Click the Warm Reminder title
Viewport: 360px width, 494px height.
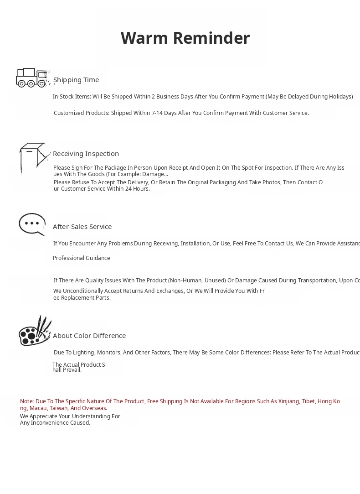pos(185,38)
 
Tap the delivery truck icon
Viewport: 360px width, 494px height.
pos(32,78)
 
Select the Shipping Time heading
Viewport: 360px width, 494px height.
pos(76,80)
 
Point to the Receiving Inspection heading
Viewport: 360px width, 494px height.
pos(86,154)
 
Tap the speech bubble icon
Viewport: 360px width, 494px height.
pos(32,224)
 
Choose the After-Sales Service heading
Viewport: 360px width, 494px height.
pos(82,227)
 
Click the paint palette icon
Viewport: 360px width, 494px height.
pos(35,331)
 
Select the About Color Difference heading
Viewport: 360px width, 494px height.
pos(89,336)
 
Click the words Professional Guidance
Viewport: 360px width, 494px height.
pos(82,258)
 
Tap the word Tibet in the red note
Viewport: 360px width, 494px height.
pos(309,401)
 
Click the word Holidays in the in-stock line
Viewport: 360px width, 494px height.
pos(340,97)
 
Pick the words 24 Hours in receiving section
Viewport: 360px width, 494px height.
pos(137,189)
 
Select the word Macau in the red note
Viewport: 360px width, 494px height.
pos(38,408)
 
